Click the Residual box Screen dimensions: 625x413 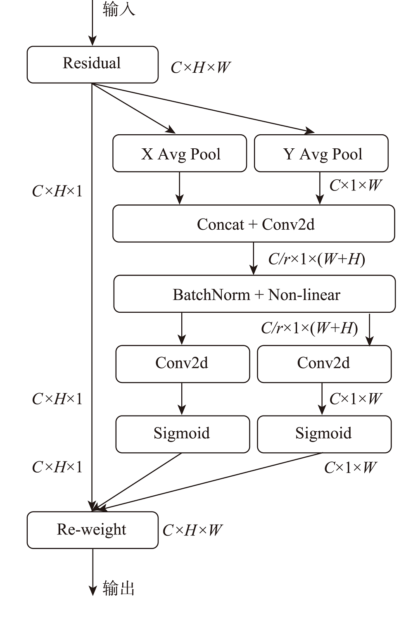pyautogui.click(x=93, y=64)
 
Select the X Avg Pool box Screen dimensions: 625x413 pyautogui.click(x=180, y=153)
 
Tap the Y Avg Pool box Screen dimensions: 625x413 pyautogui.click(x=321, y=153)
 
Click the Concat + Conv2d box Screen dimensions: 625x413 pyautogui.click(x=254, y=223)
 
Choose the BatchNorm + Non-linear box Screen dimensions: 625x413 pyautogui.click(x=254, y=294)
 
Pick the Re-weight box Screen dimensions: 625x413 pyautogui.click(x=93, y=530)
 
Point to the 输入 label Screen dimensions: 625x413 pyautogui.click(x=119, y=9)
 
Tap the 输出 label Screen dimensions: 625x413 pyautogui.click(x=119, y=588)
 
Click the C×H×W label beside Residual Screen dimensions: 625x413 pyautogui.click(x=200, y=68)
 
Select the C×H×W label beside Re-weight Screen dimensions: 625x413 pyautogui.click(x=192, y=530)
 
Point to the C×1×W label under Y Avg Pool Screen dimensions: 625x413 pyautogui.click(x=355, y=185)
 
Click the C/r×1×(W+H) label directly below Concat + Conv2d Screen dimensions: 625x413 pyautogui.click(x=316, y=259)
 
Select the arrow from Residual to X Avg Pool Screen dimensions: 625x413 pyautogui.click(x=134, y=109)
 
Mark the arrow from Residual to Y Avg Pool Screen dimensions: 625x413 pyautogui.click(x=202, y=108)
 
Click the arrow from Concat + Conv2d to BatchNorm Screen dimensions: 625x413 pyautogui.click(x=254, y=259)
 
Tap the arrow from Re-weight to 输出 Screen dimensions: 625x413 pyautogui.click(x=93, y=572)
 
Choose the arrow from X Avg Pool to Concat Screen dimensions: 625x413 pyautogui.click(x=180, y=188)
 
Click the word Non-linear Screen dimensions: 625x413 pyautogui.click(x=304, y=295)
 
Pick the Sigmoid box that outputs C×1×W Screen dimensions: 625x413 pyautogui.click(x=324, y=434)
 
